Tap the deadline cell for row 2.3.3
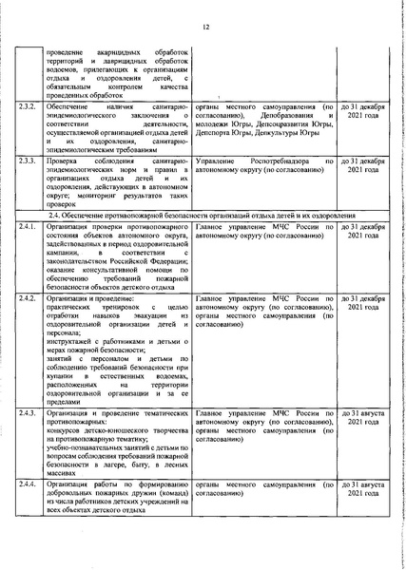pos(360,167)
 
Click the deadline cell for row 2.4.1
pos(360,235)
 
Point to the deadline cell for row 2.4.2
pos(360,303)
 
